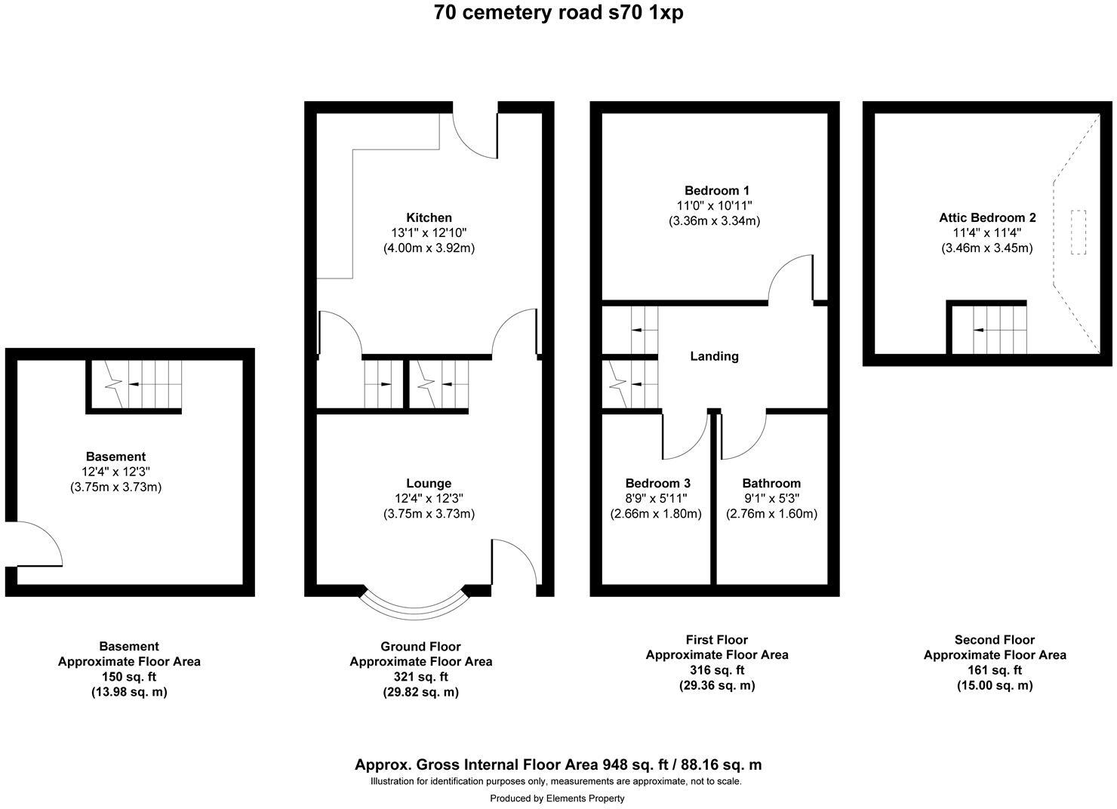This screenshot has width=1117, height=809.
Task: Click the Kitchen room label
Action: [x=429, y=217]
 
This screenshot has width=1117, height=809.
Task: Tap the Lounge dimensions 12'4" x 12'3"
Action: [x=429, y=498]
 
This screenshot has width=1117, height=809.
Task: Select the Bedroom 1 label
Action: [x=716, y=190]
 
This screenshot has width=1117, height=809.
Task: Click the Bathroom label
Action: [x=771, y=483]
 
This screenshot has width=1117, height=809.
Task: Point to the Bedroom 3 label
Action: [x=657, y=483]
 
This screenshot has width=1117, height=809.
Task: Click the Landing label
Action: [x=714, y=356]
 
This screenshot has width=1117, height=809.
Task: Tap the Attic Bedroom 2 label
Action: [x=987, y=217]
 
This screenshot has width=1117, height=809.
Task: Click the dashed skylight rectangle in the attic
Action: [x=1078, y=232]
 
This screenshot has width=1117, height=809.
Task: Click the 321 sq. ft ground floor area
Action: [x=421, y=677]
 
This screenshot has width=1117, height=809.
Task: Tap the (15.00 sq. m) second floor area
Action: [x=995, y=685]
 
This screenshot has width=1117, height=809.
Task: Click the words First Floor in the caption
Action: [x=716, y=639]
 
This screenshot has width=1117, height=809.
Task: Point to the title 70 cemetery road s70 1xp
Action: [x=558, y=13]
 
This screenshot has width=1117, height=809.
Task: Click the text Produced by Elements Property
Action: [x=557, y=798]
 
